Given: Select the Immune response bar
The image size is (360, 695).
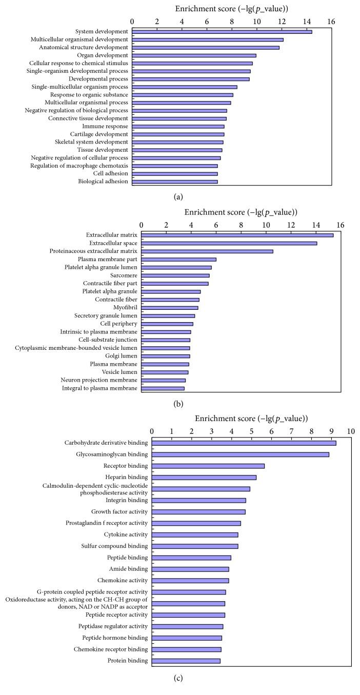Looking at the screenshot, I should point(178,126).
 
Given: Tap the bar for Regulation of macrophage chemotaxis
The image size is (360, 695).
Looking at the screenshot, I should point(175,166).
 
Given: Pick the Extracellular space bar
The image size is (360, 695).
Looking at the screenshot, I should point(229,243).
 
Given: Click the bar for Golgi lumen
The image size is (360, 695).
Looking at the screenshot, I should point(166,356).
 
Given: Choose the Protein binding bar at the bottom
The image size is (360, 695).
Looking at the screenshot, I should point(186,661).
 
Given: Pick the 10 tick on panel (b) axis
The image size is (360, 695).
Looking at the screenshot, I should point(266,225).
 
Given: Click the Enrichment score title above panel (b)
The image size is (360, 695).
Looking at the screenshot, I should point(241,212).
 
